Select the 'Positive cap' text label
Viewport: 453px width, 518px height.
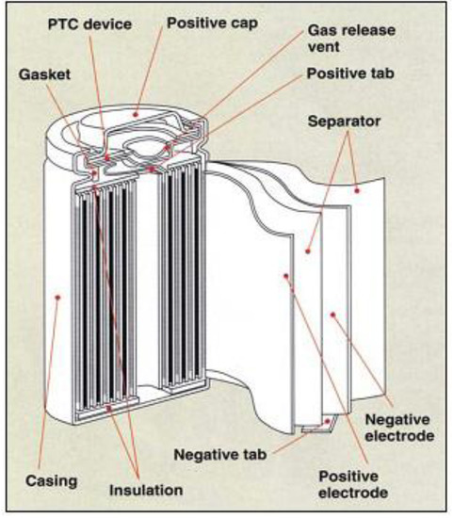click(x=213, y=21)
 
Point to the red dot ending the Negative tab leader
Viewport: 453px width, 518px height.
click(x=326, y=424)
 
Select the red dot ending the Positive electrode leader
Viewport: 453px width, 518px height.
click(x=284, y=276)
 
